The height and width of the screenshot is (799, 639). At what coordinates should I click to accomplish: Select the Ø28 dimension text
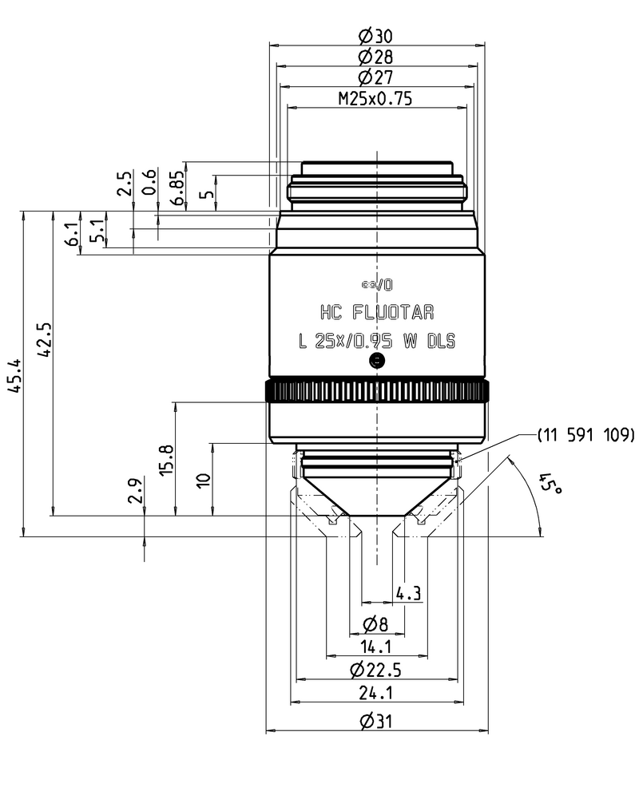pos(375,57)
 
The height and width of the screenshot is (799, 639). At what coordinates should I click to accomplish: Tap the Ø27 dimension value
pos(375,77)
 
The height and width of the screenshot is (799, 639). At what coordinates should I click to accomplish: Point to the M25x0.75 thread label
pos(375,99)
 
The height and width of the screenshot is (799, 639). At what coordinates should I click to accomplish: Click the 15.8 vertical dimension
pos(167,459)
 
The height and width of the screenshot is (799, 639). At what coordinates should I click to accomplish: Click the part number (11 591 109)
pos(585,434)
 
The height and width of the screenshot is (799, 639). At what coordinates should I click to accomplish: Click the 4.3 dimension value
pos(408,593)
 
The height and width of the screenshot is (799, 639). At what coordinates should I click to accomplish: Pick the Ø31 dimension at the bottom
pos(375,721)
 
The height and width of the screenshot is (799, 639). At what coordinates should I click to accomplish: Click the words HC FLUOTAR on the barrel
pos(376,312)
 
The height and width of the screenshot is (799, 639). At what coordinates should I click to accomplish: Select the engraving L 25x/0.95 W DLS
pos(376,341)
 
